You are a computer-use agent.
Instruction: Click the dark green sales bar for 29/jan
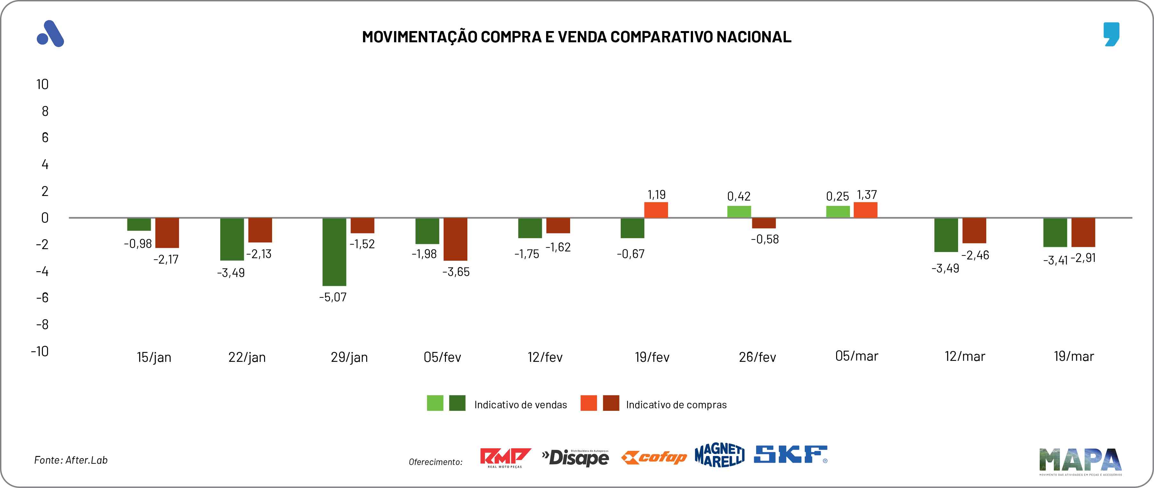pyautogui.click(x=334, y=251)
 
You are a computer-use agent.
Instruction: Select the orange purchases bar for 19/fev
pyautogui.click(x=656, y=210)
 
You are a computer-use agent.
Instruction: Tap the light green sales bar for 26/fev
pyautogui.click(x=739, y=212)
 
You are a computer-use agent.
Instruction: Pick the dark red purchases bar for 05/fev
pyautogui.click(x=455, y=239)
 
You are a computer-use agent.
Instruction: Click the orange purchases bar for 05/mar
pyautogui.click(x=866, y=210)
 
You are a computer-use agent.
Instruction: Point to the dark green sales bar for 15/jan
pyautogui.click(x=139, y=224)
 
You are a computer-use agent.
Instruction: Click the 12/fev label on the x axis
pyautogui.click(x=545, y=357)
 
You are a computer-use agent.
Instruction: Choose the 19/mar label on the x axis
pyautogui.click(x=1074, y=357)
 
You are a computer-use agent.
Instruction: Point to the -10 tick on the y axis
pyautogui.click(x=40, y=351)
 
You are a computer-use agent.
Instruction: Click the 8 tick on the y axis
pyautogui.click(x=45, y=111)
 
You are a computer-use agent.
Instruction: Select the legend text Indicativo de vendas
pyautogui.click(x=521, y=405)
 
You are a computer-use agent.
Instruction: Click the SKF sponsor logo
pyautogui.click(x=790, y=454)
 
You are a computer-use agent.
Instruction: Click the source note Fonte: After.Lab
pyautogui.click(x=71, y=460)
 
